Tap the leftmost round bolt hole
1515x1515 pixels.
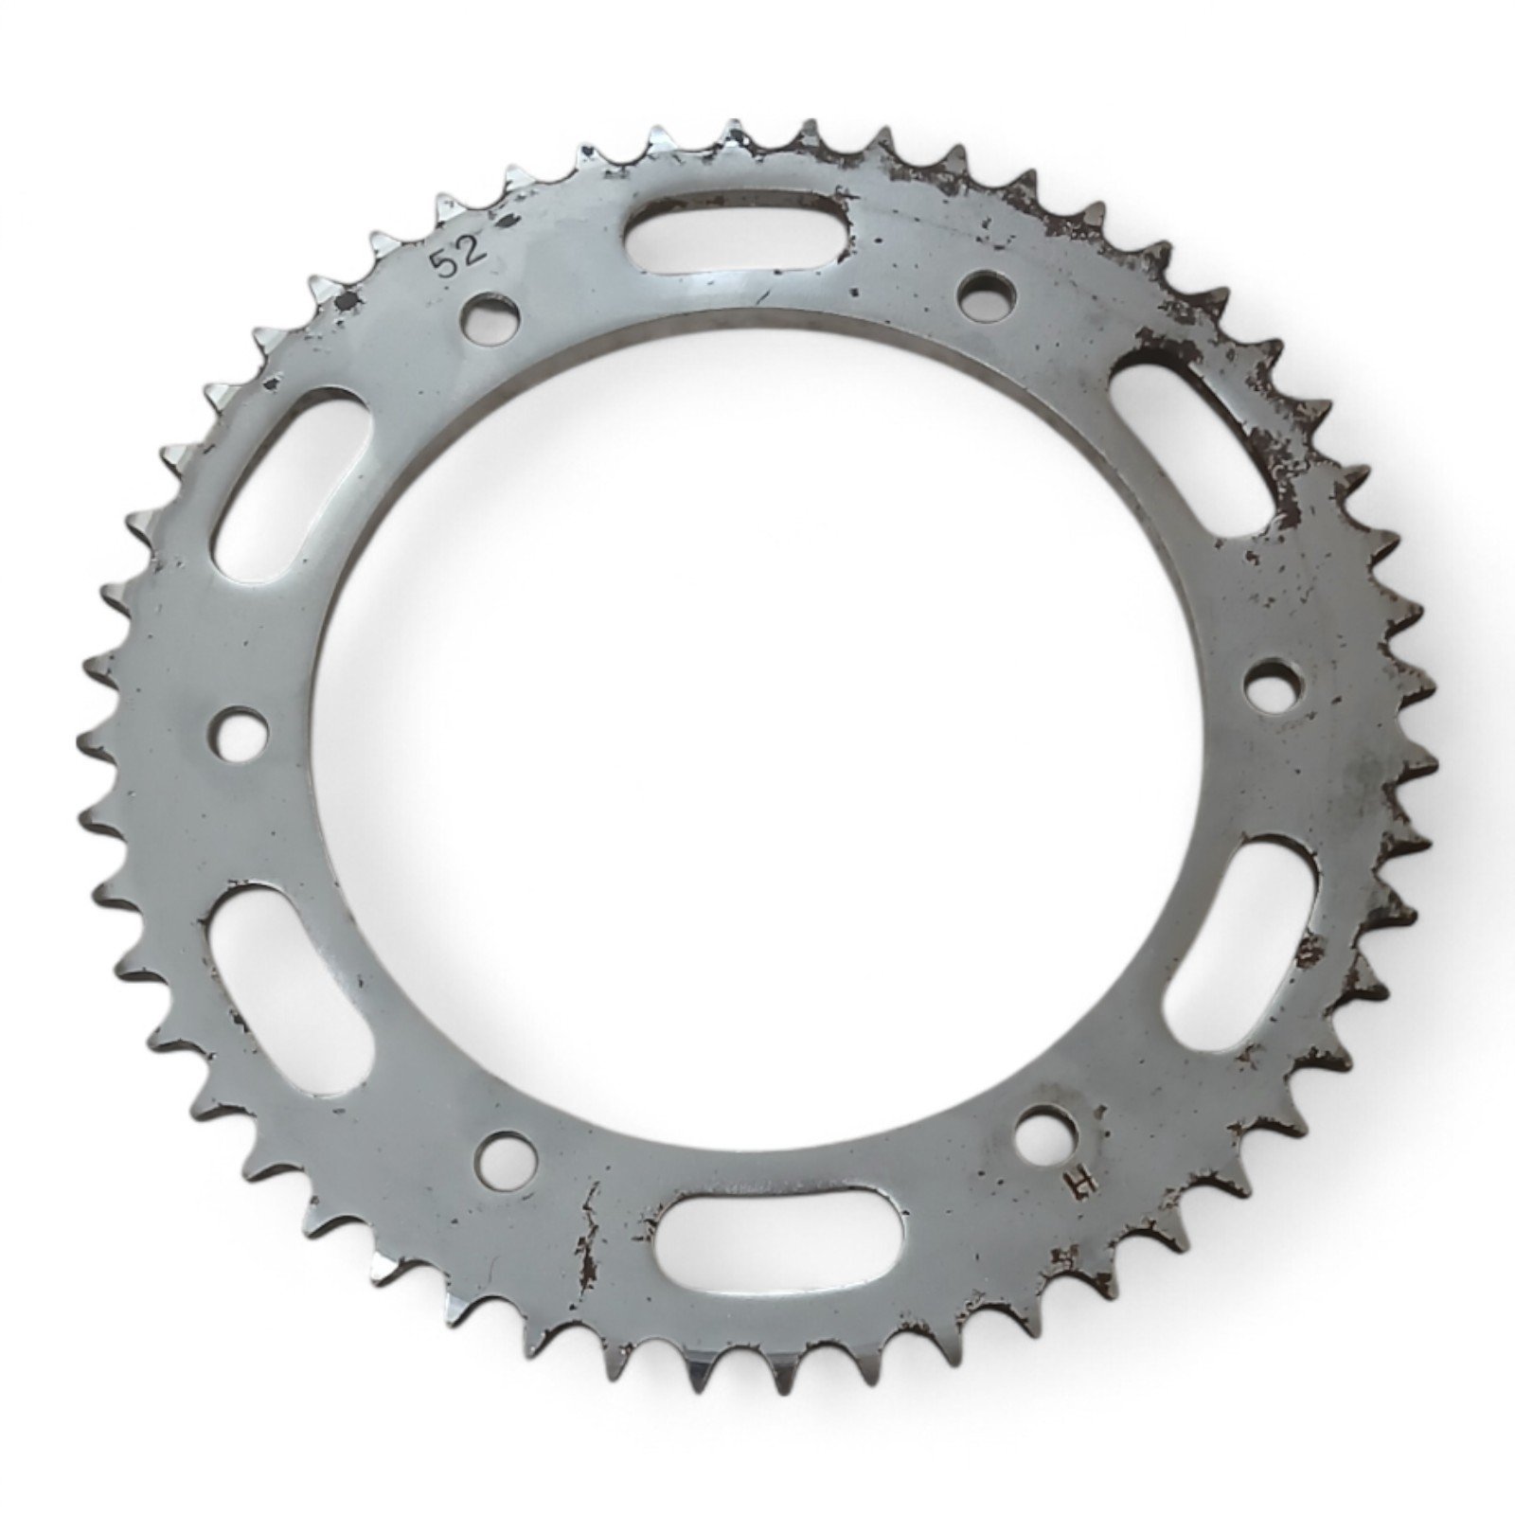pyautogui.click(x=239, y=734)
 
